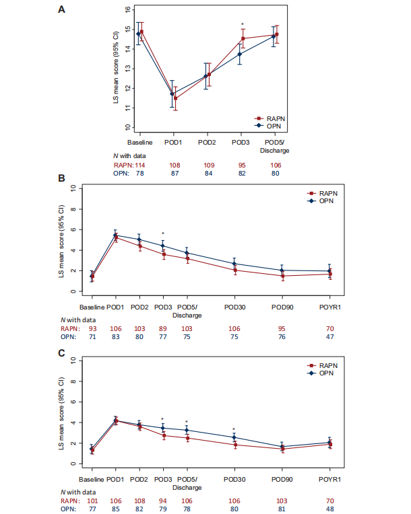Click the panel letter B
pos(62,180)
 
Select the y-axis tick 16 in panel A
pos(126,10)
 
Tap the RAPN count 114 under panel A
pos(139,164)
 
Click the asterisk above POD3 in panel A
pos(242,25)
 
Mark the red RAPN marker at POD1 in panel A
pos(176,98)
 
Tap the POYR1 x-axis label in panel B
pos(330,306)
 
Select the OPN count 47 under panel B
pos(330,336)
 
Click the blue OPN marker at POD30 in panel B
pos(234,264)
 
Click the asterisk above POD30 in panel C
pos(234,429)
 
